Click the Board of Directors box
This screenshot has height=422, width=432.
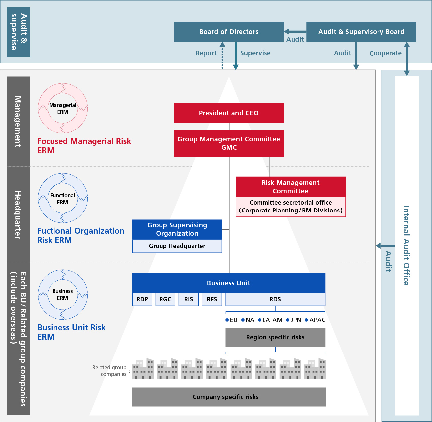pyautogui.click(x=229, y=32)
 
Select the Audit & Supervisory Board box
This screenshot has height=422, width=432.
pyautogui.click(x=361, y=32)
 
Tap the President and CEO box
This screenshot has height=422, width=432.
pyautogui.click(x=229, y=113)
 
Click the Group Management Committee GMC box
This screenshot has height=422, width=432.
pyautogui.click(x=229, y=143)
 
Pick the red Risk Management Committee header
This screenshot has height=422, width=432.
pyautogui.click(x=290, y=187)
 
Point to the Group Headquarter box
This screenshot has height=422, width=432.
pyautogui.click(x=177, y=246)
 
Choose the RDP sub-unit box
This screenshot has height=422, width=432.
pyautogui.click(x=142, y=299)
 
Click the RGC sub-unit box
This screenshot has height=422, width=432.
pyautogui.click(x=165, y=299)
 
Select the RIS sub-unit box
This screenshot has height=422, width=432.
pyautogui.click(x=188, y=299)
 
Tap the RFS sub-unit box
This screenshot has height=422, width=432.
pyautogui.click(x=212, y=299)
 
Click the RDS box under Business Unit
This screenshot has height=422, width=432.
pyautogui.click(x=275, y=299)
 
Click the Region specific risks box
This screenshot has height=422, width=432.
pyautogui.click(x=275, y=337)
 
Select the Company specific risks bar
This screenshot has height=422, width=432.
pyautogui.click(x=229, y=397)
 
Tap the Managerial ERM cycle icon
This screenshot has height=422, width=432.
pyautogui.click(x=63, y=108)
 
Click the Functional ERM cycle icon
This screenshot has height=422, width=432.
pyautogui.click(x=63, y=198)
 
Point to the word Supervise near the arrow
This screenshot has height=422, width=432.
pyautogui.click(x=255, y=53)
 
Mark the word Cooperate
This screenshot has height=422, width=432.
pyautogui.click(x=385, y=53)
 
